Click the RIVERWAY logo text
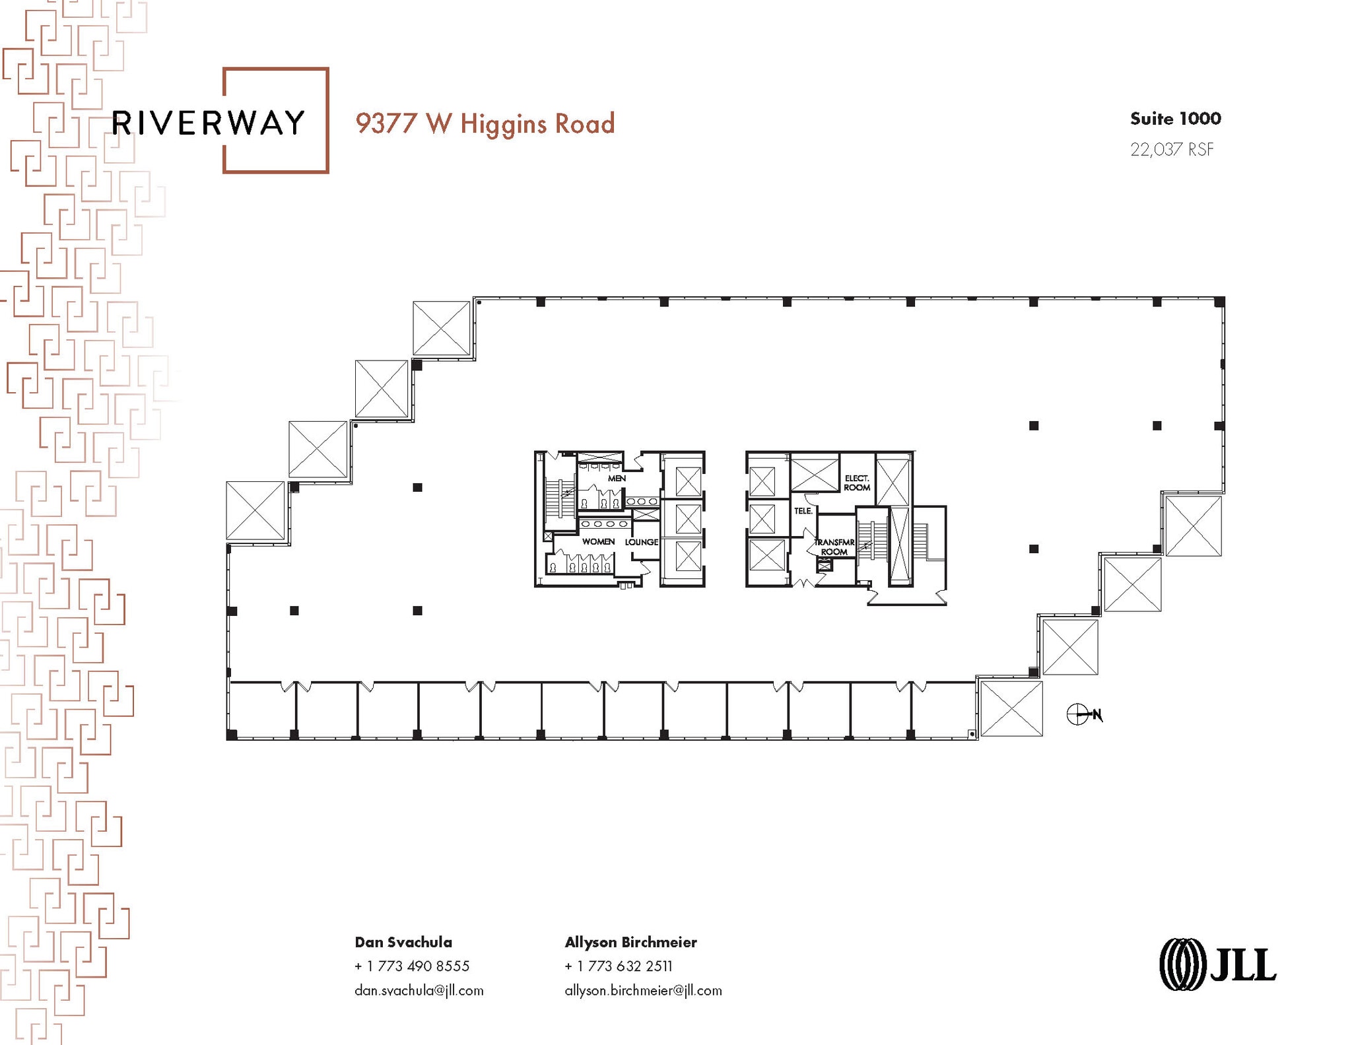[x=208, y=123]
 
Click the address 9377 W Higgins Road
[x=485, y=124]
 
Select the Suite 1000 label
[x=1175, y=119]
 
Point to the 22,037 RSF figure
[x=1172, y=150]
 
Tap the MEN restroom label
[x=617, y=478]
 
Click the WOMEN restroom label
[x=598, y=541]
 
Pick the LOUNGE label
[x=641, y=542]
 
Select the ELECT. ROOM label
[x=857, y=483]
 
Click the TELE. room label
[x=803, y=511]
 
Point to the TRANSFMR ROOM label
[x=834, y=547]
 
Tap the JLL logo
[x=1218, y=964]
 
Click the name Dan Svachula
[x=403, y=942]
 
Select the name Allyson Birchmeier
[x=630, y=942]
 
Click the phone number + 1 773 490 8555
[x=412, y=966]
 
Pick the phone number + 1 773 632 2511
[x=619, y=966]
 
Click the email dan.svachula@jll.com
[x=419, y=990]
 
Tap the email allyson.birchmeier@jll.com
[x=643, y=990]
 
